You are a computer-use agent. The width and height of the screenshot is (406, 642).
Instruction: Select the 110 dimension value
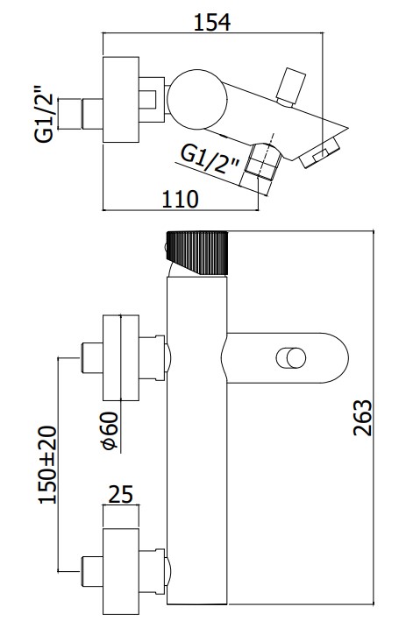coord(181,199)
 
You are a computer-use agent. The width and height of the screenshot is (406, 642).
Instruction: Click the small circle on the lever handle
coord(289,359)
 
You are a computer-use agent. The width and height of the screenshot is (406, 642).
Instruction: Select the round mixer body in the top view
coord(194,98)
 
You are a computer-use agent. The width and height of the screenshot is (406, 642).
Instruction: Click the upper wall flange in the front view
coord(122,358)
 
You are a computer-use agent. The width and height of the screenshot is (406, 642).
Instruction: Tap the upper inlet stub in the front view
coord(89,358)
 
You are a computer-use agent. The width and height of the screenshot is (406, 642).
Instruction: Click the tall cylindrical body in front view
coord(197,438)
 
